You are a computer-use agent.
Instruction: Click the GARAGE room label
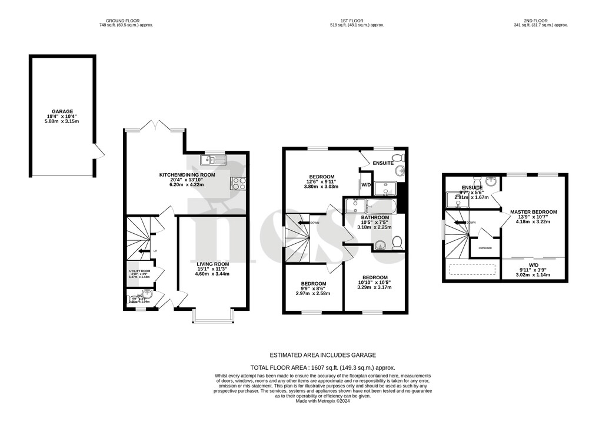coord(62,111)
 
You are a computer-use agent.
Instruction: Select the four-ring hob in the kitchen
coord(239,183)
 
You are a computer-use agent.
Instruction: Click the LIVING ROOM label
coord(212,264)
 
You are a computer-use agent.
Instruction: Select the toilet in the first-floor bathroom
coord(397,241)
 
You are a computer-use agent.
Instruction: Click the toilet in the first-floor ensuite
coord(399,157)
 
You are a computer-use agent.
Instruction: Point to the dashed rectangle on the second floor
coord(472,270)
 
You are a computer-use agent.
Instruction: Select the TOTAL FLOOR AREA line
coord(322,367)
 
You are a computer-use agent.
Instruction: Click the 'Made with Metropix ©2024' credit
coord(322,402)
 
